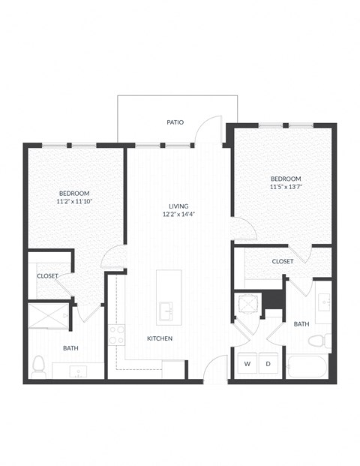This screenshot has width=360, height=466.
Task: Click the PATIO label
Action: pyautogui.click(x=175, y=122)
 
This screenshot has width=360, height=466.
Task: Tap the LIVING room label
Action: pyautogui.click(x=178, y=206)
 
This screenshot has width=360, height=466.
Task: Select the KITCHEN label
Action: pyautogui.click(x=160, y=339)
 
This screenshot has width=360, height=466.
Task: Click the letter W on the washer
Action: pyautogui.click(x=247, y=364)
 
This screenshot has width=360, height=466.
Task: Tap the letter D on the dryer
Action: pyautogui.click(x=267, y=364)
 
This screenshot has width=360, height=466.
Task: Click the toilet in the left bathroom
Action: pyautogui.click(x=40, y=367)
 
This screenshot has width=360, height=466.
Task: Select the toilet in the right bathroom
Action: pyautogui.click(x=316, y=341)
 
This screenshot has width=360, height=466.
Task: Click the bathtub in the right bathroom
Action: pyautogui.click(x=307, y=368)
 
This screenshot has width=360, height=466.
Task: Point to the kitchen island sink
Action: pyautogui.click(x=166, y=308)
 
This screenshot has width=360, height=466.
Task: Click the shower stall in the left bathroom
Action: pyautogui.click(x=49, y=317)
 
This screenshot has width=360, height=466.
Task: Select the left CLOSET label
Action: pyautogui.click(x=47, y=276)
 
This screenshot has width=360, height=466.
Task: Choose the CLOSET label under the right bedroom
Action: pyautogui.click(x=283, y=261)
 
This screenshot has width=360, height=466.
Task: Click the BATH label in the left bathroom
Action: pyautogui.click(x=70, y=348)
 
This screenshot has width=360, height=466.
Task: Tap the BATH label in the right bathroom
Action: pyautogui.click(x=301, y=324)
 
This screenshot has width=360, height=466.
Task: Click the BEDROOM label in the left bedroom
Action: pyautogui.click(x=77, y=192)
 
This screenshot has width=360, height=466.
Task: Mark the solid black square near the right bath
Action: pyautogui.click(x=273, y=298)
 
